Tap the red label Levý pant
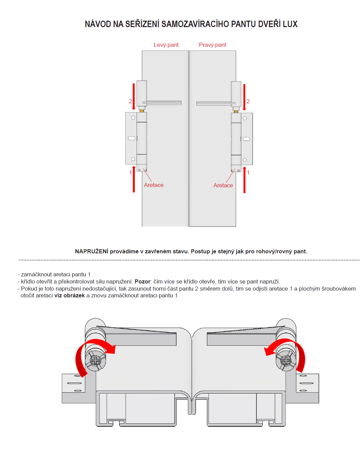pyautogui.click(x=166, y=45)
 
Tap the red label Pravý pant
pyautogui.click(x=212, y=45)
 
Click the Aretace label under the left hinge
pyautogui.click(x=153, y=185)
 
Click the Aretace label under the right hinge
pyautogui.click(x=223, y=186)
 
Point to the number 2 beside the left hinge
pyautogui.click(x=130, y=102)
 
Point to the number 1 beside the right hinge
pyautogui.click(x=248, y=172)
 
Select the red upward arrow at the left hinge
pyautogui.click(x=134, y=179)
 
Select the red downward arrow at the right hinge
pyautogui.click(x=244, y=97)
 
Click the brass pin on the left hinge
pyautogui.click(x=142, y=111)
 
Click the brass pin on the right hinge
pyautogui.click(x=236, y=112)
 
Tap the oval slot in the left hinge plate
pyautogui.click(x=131, y=138)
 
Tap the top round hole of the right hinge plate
pyautogui.click(x=245, y=118)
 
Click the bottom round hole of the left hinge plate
pyautogui.click(x=133, y=159)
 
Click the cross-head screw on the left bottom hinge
pyautogui.click(x=96, y=360)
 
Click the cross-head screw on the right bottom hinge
pyautogui.click(x=286, y=360)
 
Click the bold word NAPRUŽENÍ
pyautogui.click(x=91, y=251)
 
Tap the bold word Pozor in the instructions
pyautogui.click(x=142, y=281)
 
